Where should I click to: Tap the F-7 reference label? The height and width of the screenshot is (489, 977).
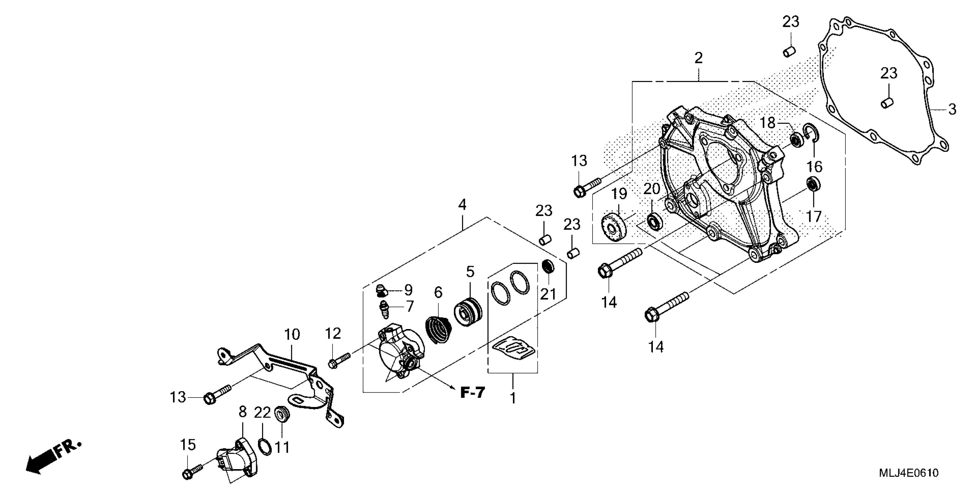pos(473,393)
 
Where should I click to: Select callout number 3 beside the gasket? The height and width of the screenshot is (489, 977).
pos(952,110)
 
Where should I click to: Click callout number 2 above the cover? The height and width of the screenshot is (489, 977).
pos(698,58)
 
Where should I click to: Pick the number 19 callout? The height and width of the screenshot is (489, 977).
pos(619,194)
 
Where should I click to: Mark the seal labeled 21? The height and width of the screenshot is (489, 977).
pos(547,267)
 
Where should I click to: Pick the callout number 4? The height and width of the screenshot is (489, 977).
pos(462,205)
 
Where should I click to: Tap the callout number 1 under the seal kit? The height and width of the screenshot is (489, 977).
pos(513,398)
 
